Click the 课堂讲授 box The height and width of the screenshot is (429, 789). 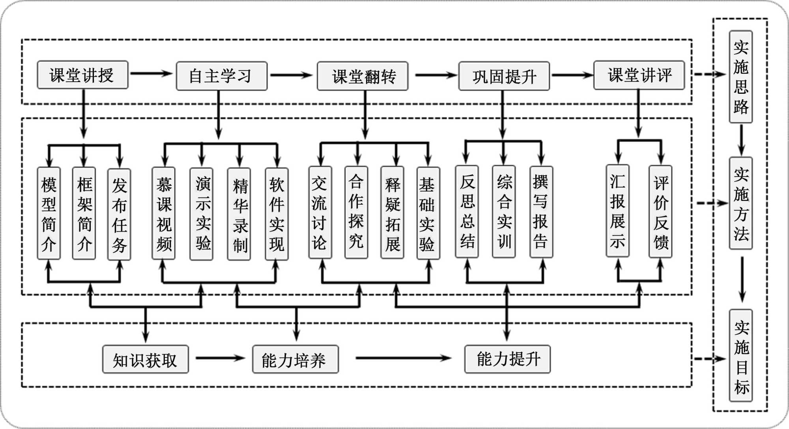pyautogui.click(x=82, y=75)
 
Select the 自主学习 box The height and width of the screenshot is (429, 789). pyautogui.click(x=221, y=76)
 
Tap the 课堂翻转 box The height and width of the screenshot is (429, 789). pyautogui.click(x=363, y=76)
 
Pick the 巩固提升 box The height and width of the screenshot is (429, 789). pyautogui.click(x=504, y=76)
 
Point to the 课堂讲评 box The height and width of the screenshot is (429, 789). pyautogui.click(x=639, y=75)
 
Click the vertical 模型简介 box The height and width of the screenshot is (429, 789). pyautogui.click(x=49, y=214)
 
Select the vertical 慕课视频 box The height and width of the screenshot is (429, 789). pyautogui.click(x=164, y=214)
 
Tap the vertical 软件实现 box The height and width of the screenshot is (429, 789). pyautogui.click(x=277, y=214)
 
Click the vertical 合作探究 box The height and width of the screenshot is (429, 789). pyautogui.click(x=356, y=213)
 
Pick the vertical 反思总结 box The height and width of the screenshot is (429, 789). pyautogui.click(x=467, y=212)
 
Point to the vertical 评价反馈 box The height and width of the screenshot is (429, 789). pyautogui.click(x=661, y=212)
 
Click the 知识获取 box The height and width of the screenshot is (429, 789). pyautogui.click(x=146, y=359)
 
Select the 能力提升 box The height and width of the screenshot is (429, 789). pyautogui.click(x=508, y=359)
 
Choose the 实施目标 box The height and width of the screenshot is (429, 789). pyautogui.click(x=741, y=356)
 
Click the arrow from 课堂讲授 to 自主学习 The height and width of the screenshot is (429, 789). pyautogui.click(x=151, y=74)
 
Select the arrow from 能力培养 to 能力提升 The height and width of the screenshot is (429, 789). pyautogui.click(x=403, y=358)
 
